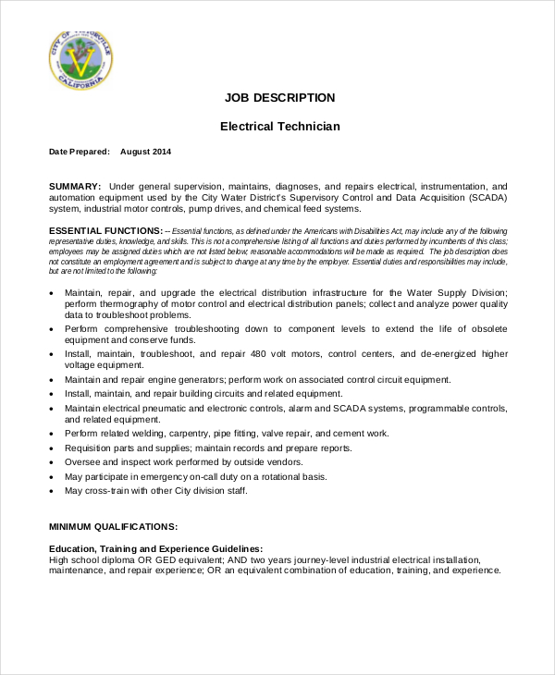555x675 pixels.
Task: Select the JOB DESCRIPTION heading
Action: click(279, 97)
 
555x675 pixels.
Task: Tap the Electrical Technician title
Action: click(279, 127)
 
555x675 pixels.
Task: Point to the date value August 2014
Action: click(145, 151)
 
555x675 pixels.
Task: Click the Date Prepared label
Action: click(79, 151)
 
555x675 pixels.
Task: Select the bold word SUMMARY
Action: click(75, 186)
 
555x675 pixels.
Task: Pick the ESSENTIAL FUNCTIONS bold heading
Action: click(105, 230)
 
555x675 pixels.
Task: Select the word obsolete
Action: click(486, 330)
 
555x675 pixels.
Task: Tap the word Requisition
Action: click(92, 448)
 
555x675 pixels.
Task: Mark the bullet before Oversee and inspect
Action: click(52, 462)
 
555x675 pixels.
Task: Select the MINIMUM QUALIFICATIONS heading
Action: click(113, 526)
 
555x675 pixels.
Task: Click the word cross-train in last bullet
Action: click(109, 490)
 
